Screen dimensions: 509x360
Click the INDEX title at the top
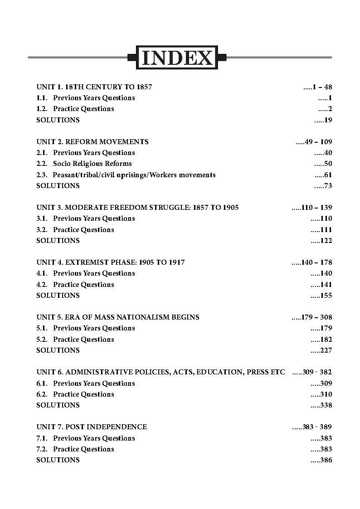point(177,58)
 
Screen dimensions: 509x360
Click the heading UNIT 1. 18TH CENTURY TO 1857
point(94,87)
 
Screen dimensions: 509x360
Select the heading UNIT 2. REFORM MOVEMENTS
point(92,142)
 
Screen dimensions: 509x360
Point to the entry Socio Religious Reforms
point(92,164)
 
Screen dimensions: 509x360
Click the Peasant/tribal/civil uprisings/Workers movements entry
point(134,175)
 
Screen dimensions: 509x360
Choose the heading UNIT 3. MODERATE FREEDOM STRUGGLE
point(137,208)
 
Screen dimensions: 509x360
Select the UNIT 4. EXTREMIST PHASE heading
point(111,262)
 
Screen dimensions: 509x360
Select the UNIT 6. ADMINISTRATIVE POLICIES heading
point(161,372)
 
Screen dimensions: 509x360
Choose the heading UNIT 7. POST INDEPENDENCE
point(92,427)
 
